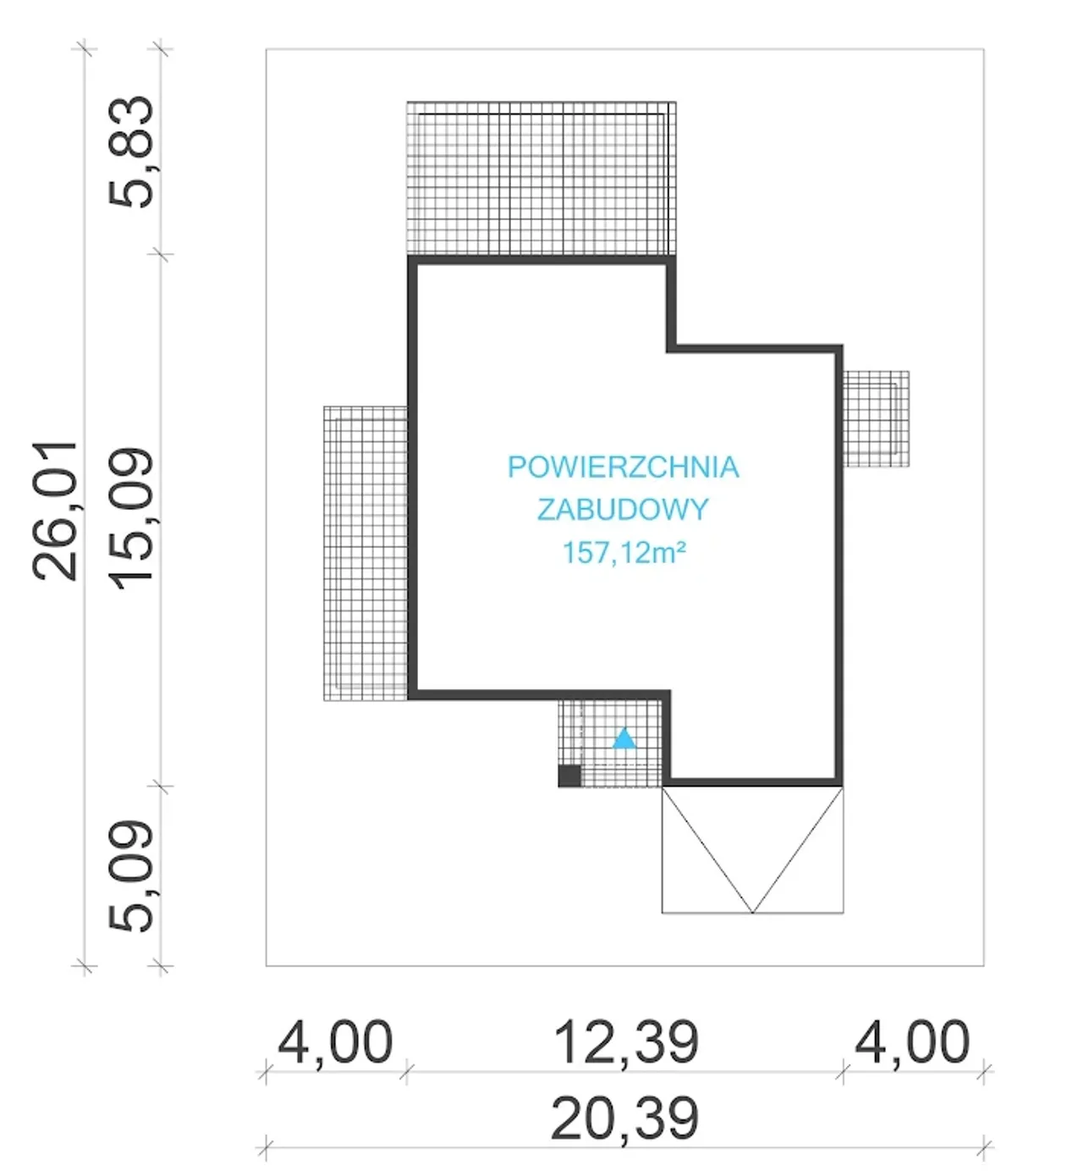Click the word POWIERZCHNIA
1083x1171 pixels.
coord(623,467)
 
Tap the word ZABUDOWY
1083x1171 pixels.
coord(623,510)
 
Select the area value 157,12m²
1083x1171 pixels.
coord(624,553)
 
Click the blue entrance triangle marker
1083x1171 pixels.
coord(624,738)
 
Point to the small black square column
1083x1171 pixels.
coord(569,776)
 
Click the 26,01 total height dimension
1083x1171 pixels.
coord(55,511)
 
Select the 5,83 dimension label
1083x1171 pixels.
coord(131,152)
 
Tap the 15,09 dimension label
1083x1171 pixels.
coord(131,520)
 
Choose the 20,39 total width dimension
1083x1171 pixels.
coord(624,1118)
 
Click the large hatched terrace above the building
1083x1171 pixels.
coord(541,179)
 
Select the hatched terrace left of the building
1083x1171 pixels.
coord(366,553)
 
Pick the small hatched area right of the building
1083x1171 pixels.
coord(876,418)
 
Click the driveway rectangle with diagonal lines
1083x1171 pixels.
coord(752,849)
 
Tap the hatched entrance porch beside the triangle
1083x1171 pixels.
coord(610,743)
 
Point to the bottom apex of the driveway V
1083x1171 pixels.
coord(752,912)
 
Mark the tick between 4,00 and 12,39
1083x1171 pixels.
coord(407,1072)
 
